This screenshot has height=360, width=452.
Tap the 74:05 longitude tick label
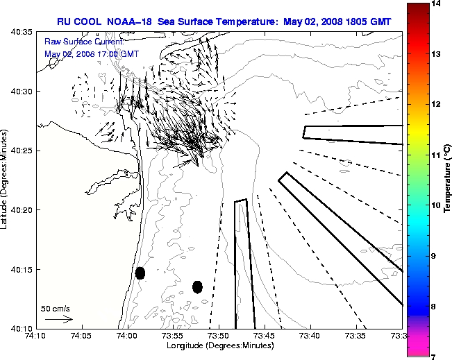[82, 336]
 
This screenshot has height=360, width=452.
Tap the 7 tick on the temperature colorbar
[437, 356]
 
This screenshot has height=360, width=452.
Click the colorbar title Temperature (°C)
[449, 180]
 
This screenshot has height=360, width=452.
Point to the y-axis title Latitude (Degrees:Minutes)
[6, 180]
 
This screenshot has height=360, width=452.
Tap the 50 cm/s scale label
[56, 309]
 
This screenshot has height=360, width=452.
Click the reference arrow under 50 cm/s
[58, 320]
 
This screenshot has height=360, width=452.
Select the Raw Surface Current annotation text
[74, 42]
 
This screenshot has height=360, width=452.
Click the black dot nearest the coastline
[140, 273]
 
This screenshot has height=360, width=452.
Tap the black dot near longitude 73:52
[197, 286]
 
